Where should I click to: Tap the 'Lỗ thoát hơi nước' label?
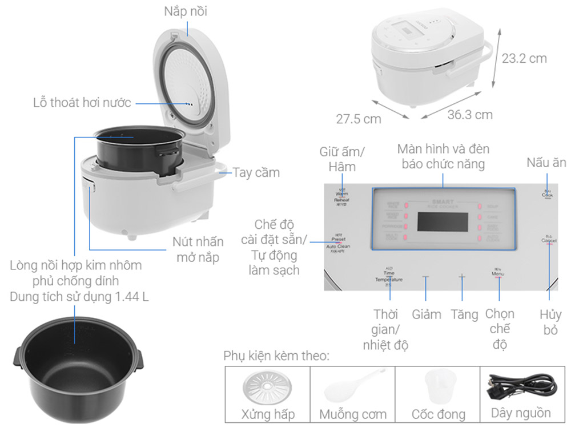[x=82, y=103]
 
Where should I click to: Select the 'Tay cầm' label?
[x=256, y=172]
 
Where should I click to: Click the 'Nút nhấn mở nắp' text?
[x=198, y=249]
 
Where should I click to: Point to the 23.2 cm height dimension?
[x=524, y=58]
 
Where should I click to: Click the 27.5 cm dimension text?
[x=358, y=119]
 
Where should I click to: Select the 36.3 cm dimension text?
[x=469, y=115]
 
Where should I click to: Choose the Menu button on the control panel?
[x=498, y=274]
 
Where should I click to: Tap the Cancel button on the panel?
[x=549, y=241]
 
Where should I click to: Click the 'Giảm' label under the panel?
[x=426, y=314]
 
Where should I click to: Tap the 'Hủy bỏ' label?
[x=550, y=322]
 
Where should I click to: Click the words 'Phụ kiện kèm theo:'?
[x=276, y=357]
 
